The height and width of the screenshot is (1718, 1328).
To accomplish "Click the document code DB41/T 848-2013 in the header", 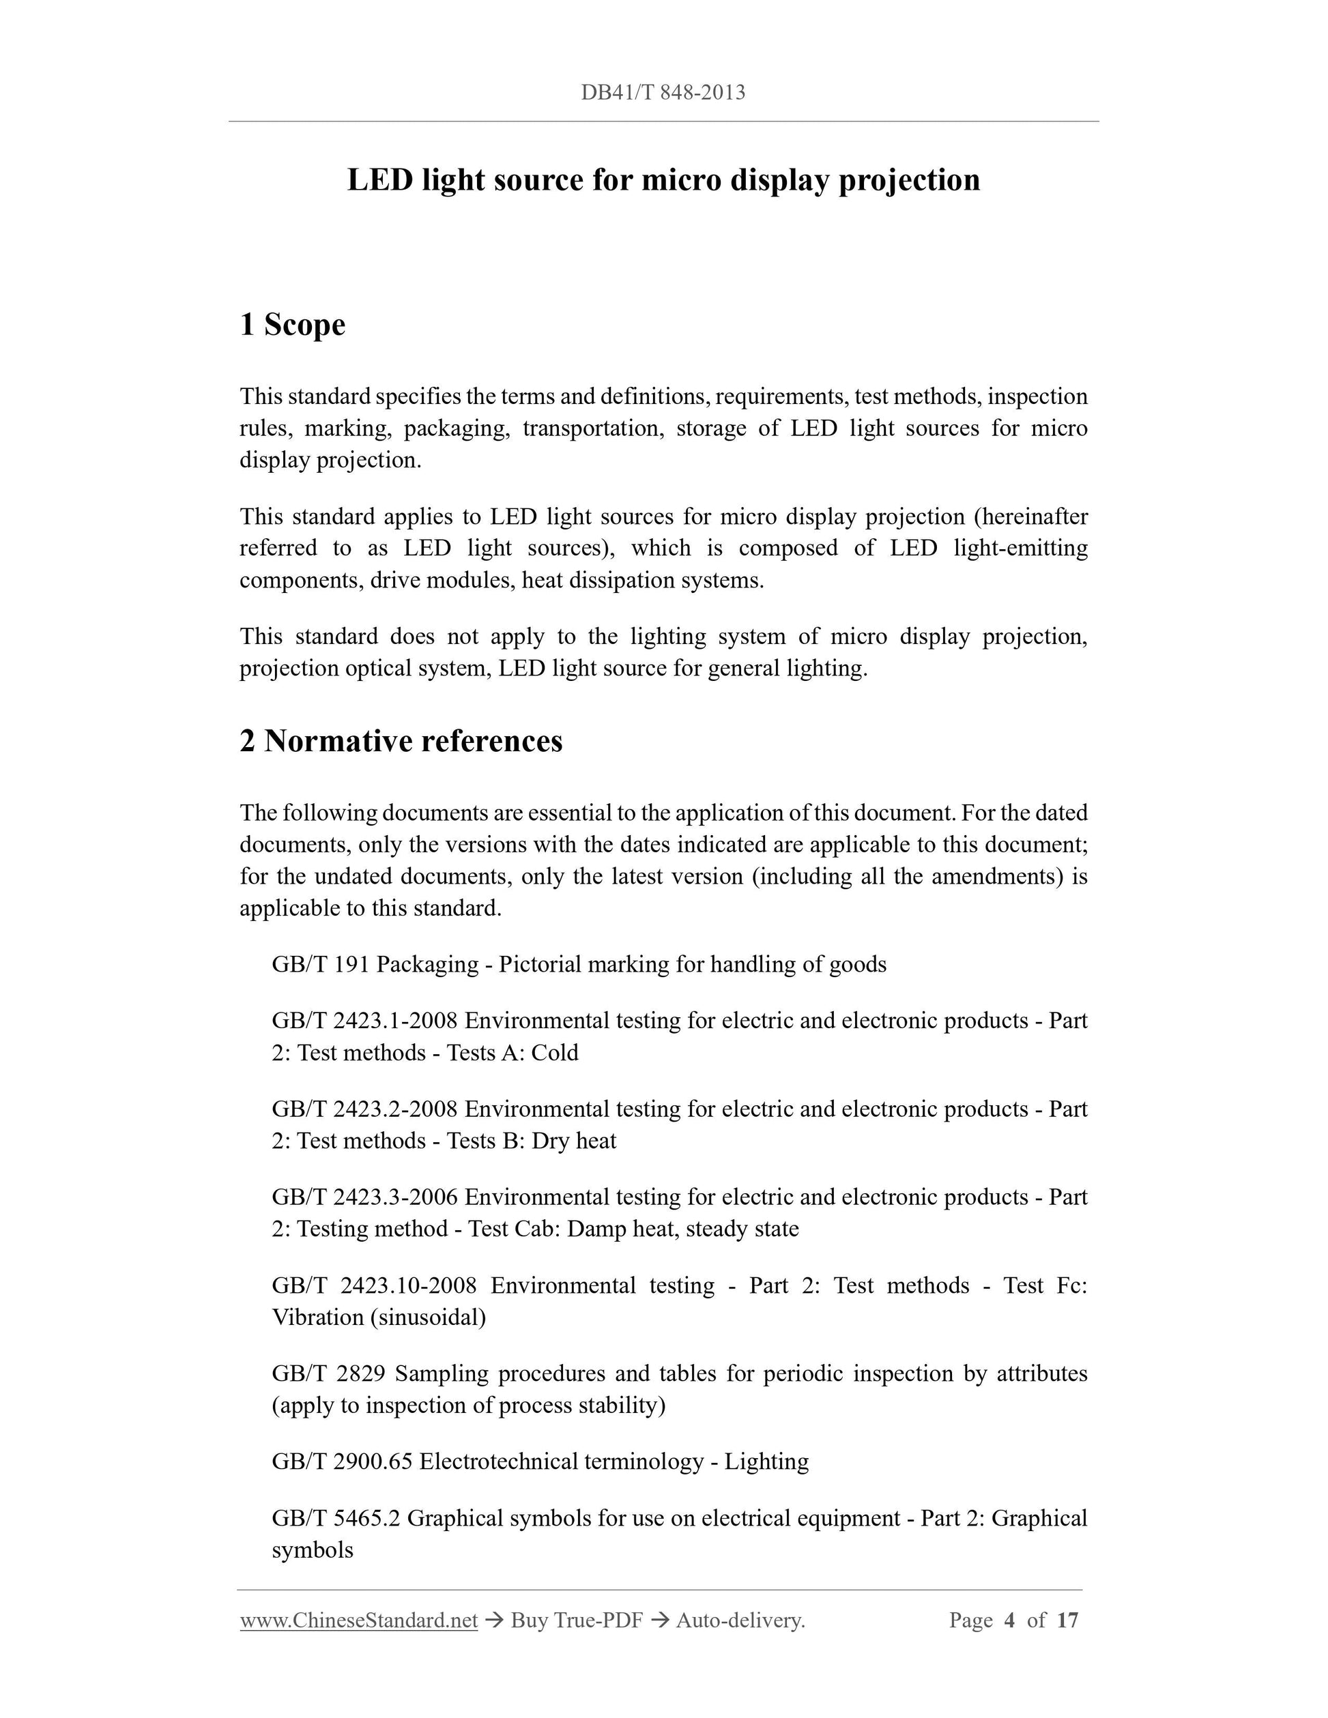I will pyautogui.click(x=663, y=93).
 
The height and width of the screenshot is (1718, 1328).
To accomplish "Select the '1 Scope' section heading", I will pyautogui.click(x=292, y=324).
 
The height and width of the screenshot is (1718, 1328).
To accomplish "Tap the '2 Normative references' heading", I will pyautogui.click(x=401, y=741).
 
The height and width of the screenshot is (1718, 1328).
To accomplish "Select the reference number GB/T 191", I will pyautogui.click(x=320, y=964).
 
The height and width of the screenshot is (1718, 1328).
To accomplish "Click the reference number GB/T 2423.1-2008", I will pyautogui.click(x=364, y=1021).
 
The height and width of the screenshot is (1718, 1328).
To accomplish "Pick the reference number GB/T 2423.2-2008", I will pyautogui.click(x=364, y=1109).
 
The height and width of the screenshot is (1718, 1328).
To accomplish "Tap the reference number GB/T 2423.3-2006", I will pyautogui.click(x=364, y=1197).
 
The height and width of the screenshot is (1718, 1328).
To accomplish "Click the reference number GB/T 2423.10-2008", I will pyautogui.click(x=374, y=1285).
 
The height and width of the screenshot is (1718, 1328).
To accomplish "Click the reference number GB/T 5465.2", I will pyautogui.click(x=336, y=1518).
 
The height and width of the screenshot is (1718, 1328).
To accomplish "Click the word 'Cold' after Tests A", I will pyautogui.click(x=555, y=1053).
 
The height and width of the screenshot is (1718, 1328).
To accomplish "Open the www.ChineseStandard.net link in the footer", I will pyautogui.click(x=359, y=1620).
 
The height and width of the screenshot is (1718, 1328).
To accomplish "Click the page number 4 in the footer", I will pyautogui.click(x=1010, y=1620).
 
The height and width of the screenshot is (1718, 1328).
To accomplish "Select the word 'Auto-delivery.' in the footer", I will pyautogui.click(x=740, y=1620).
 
